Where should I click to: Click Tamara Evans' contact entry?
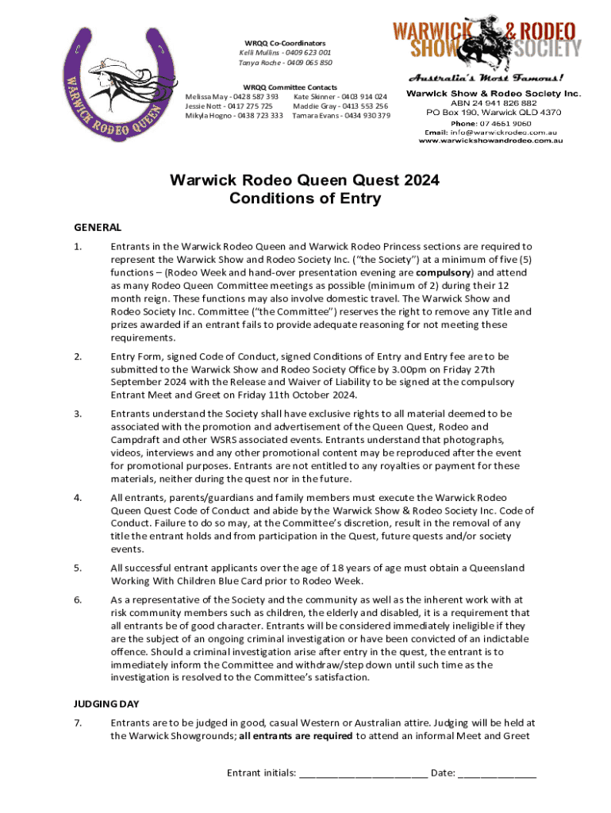[341, 116]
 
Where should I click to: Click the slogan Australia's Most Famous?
[486, 79]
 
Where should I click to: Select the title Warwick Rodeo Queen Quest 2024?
[305, 180]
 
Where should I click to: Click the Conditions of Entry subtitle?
[305, 198]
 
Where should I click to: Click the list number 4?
[78, 498]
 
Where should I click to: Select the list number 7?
[78, 722]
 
